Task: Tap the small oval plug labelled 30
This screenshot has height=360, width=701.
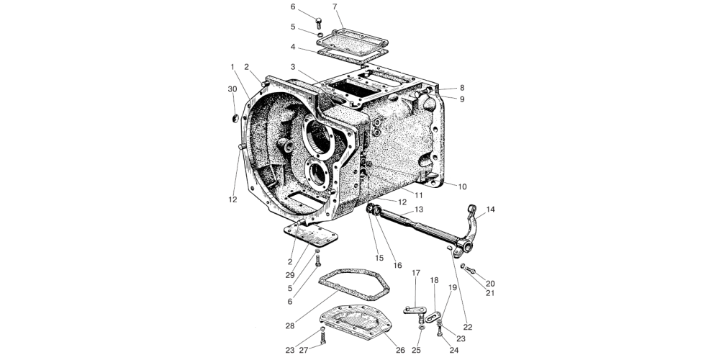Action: click(x=235, y=119)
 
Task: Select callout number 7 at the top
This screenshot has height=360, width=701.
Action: click(x=335, y=6)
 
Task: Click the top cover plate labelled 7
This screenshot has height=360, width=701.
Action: click(x=353, y=41)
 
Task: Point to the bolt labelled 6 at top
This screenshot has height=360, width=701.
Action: click(x=318, y=23)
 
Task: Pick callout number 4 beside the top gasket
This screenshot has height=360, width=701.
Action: click(x=293, y=47)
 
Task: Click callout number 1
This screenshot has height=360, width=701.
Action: click(x=232, y=67)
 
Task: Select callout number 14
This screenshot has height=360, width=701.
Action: click(x=491, y=210)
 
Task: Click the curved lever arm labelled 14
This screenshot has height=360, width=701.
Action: click(x=470, y=228)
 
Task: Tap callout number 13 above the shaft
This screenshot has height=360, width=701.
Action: click(x=418, y=210)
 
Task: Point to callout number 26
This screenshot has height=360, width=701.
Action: click(x=400, y=350)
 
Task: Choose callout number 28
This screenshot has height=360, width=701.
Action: click(x=290, y=326)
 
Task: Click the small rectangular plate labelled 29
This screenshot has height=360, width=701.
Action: click(x=311, y=235)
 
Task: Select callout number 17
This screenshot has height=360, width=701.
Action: click(x=416, y=273)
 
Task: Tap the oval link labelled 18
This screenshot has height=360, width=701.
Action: click(x=433, y=317)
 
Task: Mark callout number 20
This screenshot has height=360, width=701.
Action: click(x=490, y=284)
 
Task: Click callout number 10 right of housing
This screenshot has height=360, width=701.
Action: click(x=462, y=186)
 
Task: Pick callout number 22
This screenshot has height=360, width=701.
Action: click(x=468, y=328)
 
